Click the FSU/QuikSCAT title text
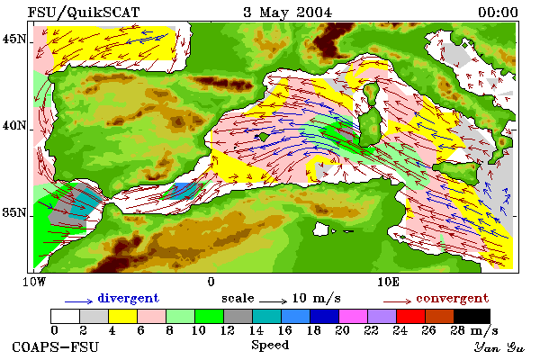(84, 13)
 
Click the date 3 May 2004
(288, 13)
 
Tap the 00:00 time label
(498, 13)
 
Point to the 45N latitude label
(14, 40)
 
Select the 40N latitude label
(14, 126)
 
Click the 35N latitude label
(14, 212)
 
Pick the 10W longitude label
(34, 282)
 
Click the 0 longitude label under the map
(211, 282)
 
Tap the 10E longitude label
(388, 282)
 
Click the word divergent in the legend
(129, 298)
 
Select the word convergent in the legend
(452, 298)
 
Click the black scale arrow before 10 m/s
(273, 301)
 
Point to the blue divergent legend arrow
(78, 301)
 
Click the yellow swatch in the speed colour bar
(123, 316)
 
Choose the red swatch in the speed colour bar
(410, 316)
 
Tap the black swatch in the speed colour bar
(472, 316)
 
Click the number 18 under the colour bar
(313, 330)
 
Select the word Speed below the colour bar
(270, 346)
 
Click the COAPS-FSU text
(56, 346)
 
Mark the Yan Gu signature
(499, 347)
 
